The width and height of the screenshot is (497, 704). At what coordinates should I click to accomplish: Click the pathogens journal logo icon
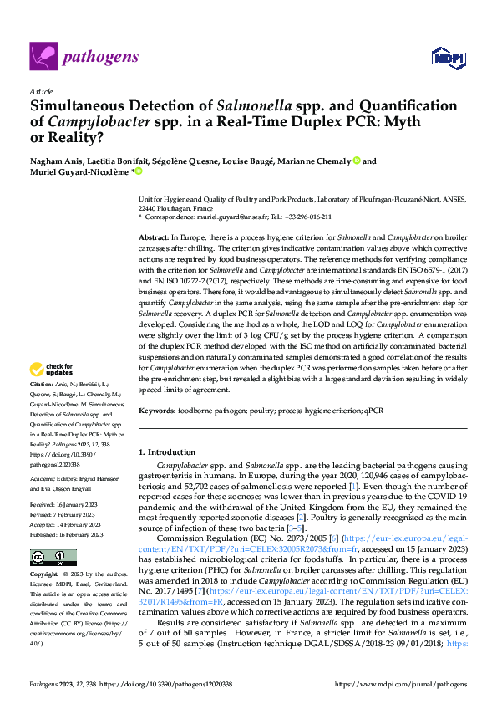pyautogui.click(x=43, y=56)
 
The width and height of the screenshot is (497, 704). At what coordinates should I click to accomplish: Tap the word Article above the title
pyautogui.click(x=40, y=91)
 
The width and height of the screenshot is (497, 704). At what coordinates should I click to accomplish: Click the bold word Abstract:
pyautogui.click(x=154, y=238)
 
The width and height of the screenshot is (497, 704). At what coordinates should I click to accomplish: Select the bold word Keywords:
pyautogui.click(x=156, y=411)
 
